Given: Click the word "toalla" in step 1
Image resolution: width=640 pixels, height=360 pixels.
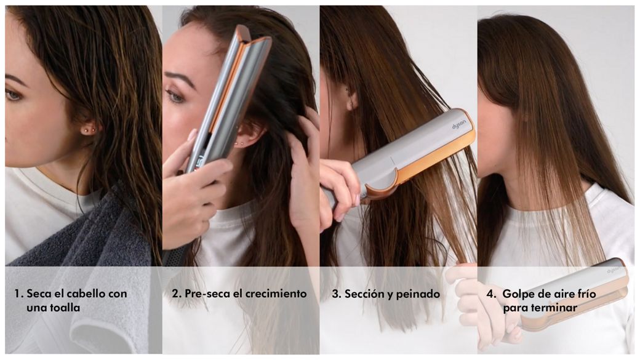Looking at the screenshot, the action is [x=65, y=307].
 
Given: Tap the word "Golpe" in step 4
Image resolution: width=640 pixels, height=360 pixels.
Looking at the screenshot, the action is [x=516, y=294].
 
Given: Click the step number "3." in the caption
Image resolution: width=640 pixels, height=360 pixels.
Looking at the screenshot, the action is [x=337, y=294].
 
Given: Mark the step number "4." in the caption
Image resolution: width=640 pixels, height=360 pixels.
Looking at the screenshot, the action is [x=492, y=294].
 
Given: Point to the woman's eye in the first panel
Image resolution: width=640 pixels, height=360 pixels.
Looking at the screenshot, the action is [x=13, y=95].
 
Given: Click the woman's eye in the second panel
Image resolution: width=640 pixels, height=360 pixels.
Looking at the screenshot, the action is [x=175, y=97].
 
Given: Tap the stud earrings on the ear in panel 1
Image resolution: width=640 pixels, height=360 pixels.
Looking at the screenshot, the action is [x=88, y=130].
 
